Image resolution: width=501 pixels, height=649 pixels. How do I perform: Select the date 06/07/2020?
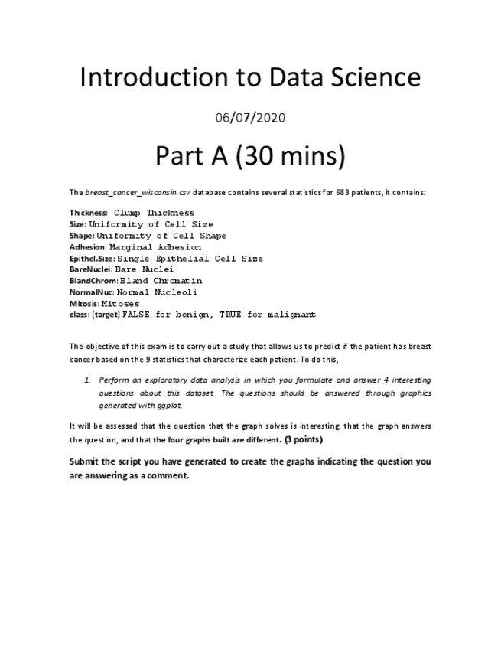click(250, 117)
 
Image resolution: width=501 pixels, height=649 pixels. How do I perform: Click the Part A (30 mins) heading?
click(250, 156)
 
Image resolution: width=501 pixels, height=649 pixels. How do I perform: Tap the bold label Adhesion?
click(88, 247)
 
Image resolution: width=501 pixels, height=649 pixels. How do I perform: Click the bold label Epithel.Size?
click(92, 259)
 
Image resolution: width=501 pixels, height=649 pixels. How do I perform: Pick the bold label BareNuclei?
click(91, 269)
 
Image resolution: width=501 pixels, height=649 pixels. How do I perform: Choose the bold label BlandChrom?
click(93, 281)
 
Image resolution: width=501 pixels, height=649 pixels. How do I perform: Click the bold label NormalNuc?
click(92, 292)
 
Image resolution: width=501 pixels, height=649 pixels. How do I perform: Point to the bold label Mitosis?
click(84, 304)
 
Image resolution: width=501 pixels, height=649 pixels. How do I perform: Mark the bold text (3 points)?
click(303, 440)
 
